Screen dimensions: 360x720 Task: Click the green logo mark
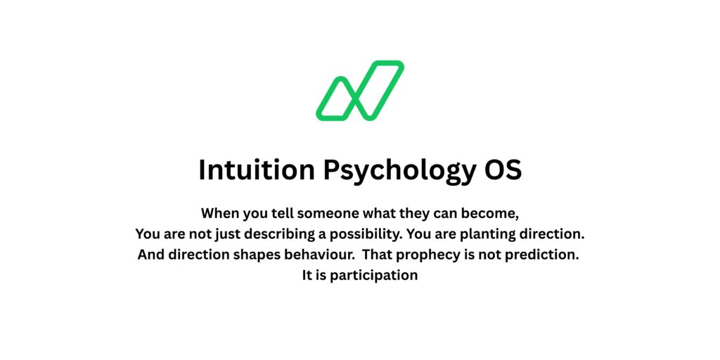tap(359, 91)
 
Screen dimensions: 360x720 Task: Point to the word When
tap(221, 212)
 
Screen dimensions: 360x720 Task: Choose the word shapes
tap(247, 255)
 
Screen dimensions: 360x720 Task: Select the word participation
tap(373, 276)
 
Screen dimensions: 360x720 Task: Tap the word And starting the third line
tap(150, 255)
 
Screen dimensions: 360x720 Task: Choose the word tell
tap(290, 212)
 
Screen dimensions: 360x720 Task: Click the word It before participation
tap(307, 276)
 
